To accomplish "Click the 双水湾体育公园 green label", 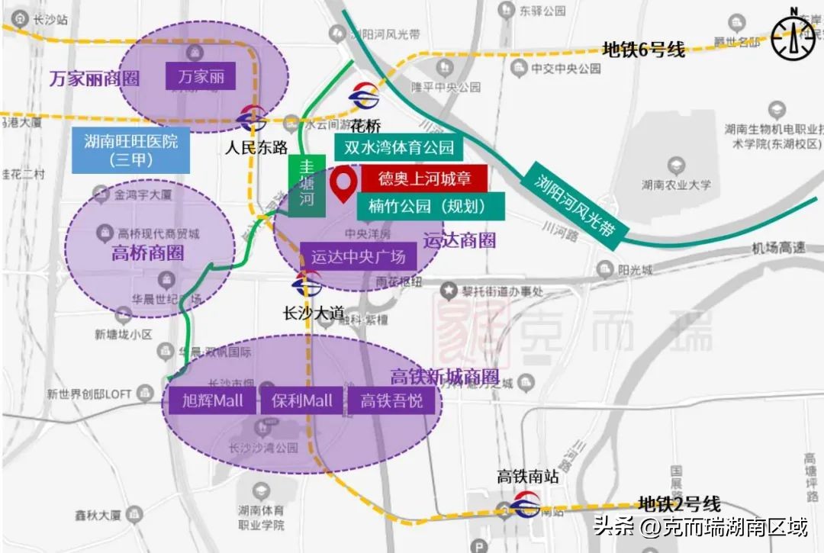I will pyautogui.click(x=399, y=147).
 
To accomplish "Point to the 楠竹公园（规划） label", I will pyautogui.click(x=430, y=205).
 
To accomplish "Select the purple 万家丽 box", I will pyautogui.click(x=201, y=77).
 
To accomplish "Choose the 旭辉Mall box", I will pyautogui.click(x=212, y=400).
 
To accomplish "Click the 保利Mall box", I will pyautogui.click(x=302, y=400).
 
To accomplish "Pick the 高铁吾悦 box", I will pyautogui.click(x=391, y=400).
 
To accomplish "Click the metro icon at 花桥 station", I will pyautogui.click(x=364, y=96).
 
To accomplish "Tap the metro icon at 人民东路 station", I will pyautogui.click(x=252, y=119).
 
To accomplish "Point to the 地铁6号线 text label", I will pyautogui.click(x=643, y=50).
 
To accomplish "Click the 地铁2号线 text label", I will pyautogui.click(x=679, y=504).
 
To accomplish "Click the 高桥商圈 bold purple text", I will pyautogui.click(x=146, y=254).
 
